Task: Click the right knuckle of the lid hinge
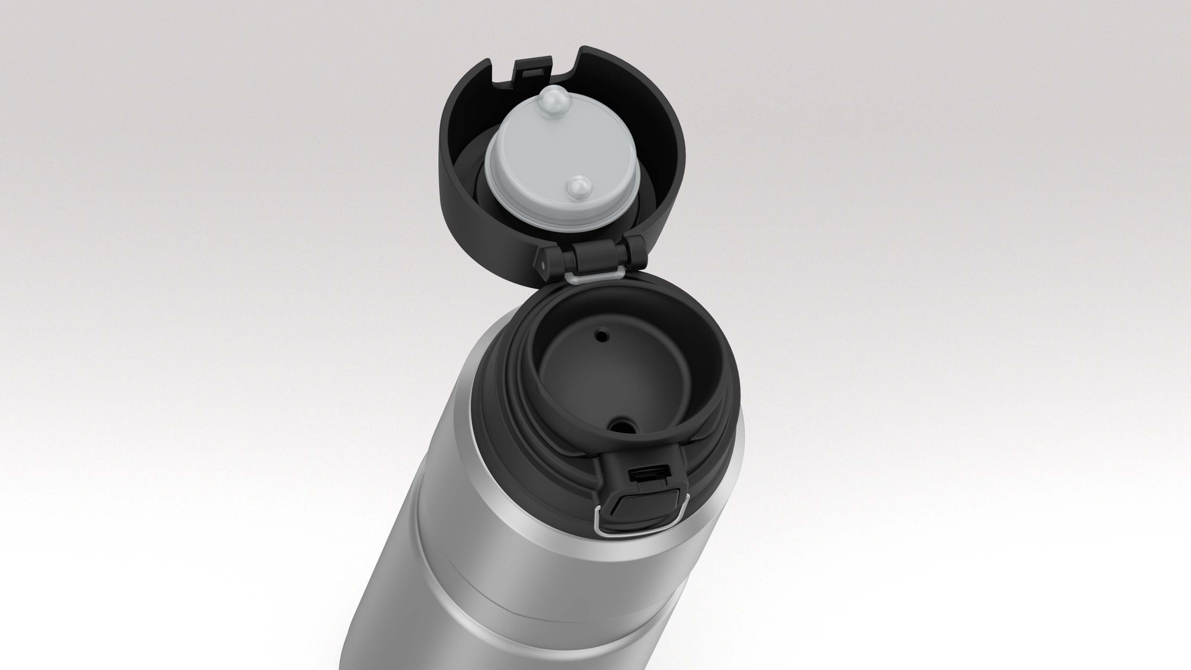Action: click(634, 252)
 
